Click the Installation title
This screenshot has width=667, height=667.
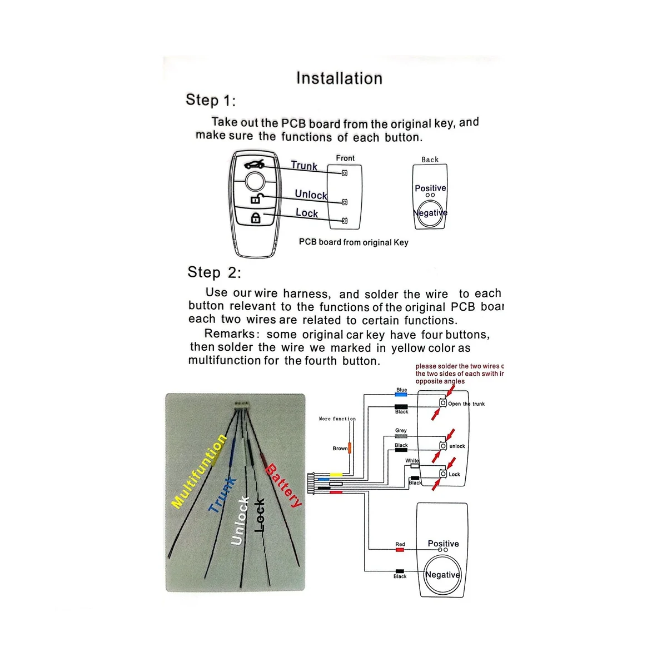coord(339,78)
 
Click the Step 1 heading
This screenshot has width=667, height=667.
coord(211,101)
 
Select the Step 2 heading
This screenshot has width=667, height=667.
coord(215,272)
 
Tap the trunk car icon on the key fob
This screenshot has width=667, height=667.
coord(254,164)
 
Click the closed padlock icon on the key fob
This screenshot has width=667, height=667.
coord(256,217)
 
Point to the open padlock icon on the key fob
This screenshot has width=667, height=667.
coord(256,197)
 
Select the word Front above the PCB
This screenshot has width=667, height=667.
coord(345,158)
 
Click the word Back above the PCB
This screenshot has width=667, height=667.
coord(430,160)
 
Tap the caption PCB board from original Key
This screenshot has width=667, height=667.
coord(354,242)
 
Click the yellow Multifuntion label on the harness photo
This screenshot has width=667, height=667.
coord(199,471)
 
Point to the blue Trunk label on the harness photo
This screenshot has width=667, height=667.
coord(222,495)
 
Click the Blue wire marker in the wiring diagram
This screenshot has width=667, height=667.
coord(401,394)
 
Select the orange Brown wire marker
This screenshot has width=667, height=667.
coord(350,448)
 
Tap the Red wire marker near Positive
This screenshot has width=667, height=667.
coord(400,550)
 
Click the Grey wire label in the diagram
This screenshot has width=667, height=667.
coord(401,431)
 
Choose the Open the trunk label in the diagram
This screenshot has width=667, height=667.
coord(466,404)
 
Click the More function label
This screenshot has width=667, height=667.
coord(337,419)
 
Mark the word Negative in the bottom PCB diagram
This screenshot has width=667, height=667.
coord(442,575)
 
